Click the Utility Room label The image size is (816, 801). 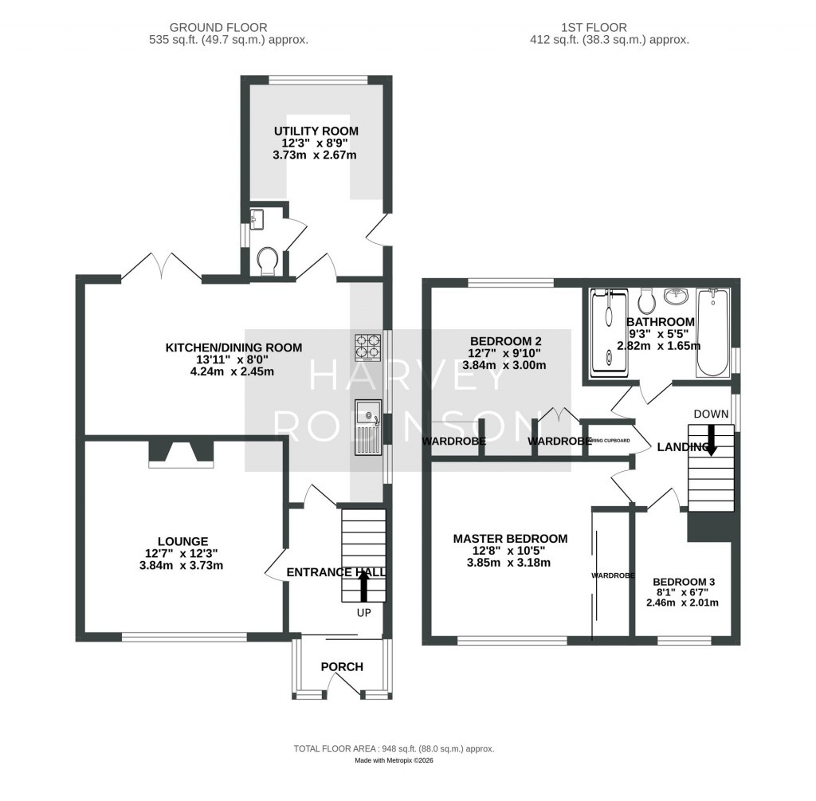point(316,131)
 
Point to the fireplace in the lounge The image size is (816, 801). point(181,453)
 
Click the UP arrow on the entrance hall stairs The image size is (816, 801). point(364,587)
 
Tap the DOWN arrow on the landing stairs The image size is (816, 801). point(711,439)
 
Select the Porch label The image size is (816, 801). point(342,666)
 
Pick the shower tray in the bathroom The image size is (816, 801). point(610,331)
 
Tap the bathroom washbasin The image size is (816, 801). point(677,296)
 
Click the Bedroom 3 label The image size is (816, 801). point(683,582)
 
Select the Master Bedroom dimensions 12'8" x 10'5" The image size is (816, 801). point(510,551)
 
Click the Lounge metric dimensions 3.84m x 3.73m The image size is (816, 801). point(180,566)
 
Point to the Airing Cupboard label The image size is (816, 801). point(610,441)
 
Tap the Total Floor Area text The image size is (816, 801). point(394,748)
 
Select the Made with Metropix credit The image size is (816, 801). point(394,761)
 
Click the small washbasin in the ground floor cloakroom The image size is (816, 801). point(255,220)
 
